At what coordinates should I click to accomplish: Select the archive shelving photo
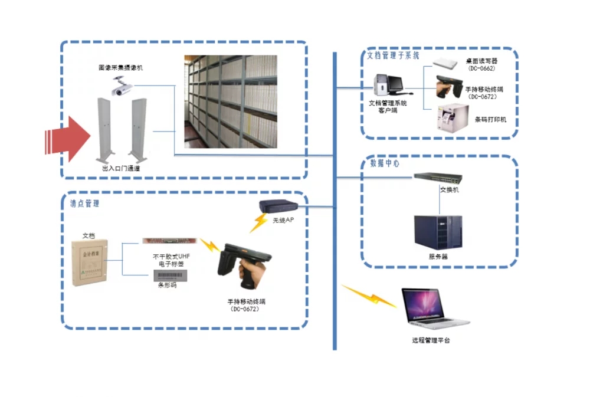(230, 101)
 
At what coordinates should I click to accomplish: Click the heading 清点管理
(84, 204)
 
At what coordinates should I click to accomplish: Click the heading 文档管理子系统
(394, 56)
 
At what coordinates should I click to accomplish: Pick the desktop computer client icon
(388, 86)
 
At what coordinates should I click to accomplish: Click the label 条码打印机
(490, 120)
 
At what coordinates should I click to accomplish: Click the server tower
(438, 232)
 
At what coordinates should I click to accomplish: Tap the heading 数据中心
(384, 163)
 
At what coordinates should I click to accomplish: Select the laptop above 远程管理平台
(434, 308)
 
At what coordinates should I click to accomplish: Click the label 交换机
(450, 190)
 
